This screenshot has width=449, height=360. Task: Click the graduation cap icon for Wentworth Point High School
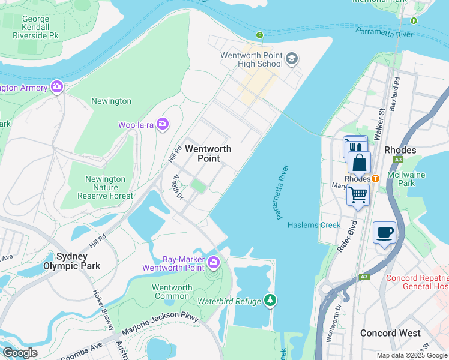(x=292, y=59)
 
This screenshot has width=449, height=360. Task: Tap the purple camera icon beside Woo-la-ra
(x=163, y=124)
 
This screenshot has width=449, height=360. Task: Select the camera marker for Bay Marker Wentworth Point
(x=213, y=262)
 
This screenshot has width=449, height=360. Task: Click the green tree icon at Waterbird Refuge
(x=270, y=299)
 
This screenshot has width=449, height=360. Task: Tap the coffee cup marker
(x=384, y=232)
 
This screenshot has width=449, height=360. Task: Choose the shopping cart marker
(x=358, y=194)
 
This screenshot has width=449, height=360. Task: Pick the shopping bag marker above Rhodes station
(x=359, y=163)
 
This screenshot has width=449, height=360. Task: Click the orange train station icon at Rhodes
(x=375, y=178)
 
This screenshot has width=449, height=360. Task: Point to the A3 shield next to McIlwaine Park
(x=397, y=160)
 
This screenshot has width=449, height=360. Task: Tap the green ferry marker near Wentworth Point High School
(x=260, y=35)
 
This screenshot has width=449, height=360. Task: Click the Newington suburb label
(x=111, y=101)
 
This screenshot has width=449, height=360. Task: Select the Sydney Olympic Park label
(x=71, y=260)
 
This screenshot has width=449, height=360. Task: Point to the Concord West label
(x=387, y=333)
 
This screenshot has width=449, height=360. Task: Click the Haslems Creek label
(x=314, y=225)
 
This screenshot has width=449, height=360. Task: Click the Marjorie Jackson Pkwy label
(x=160, y=325)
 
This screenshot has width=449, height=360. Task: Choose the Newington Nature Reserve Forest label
(x=105, y=187)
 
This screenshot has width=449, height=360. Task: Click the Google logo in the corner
(x=20, y=352)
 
